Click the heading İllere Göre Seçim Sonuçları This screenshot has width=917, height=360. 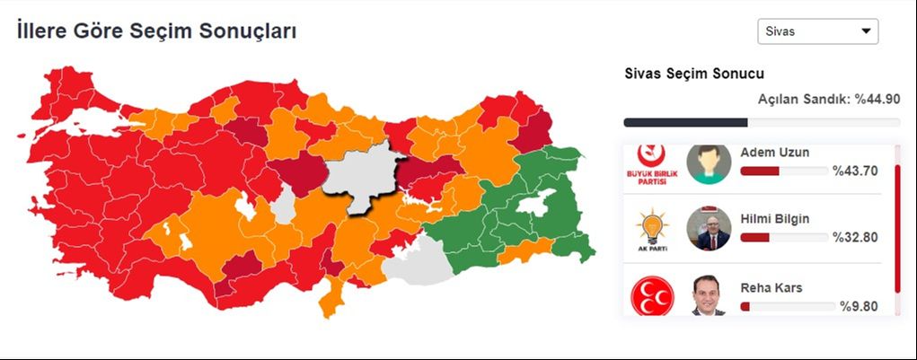(156, 31)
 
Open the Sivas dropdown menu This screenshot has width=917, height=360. (817, 31)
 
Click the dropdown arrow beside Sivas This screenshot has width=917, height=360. (866, 31)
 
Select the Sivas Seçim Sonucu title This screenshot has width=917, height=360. (694, 74)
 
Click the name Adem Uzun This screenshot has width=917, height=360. (774, 152)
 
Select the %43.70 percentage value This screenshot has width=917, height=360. (854, 171)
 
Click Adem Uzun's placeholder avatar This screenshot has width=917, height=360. (709, 163)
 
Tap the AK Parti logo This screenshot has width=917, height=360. (653, 230)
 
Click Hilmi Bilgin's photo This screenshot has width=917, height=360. (709, 229)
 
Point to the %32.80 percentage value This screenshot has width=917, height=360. (854, 238)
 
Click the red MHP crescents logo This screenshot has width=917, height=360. (653, 296)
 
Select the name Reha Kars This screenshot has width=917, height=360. (772, 288)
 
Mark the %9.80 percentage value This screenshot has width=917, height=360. (858, 306)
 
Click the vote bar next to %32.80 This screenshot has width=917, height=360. (783, 238)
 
